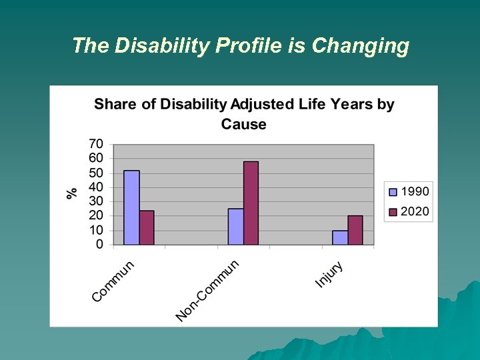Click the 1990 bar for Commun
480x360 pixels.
point(131,208)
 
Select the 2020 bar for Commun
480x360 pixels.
point(147,228)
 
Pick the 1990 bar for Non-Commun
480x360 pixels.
point(235,227)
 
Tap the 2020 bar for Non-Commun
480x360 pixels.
point(251,203)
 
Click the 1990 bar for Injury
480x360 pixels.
point(340,238)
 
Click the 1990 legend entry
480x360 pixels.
point(409,191)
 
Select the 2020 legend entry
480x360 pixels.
point(409,211)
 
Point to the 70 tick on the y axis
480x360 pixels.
point(96,144)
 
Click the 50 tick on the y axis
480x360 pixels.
point(96,173)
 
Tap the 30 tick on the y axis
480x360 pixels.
point(96,201)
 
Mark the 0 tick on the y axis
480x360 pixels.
point(99,245)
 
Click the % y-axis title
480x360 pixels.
point(72,193)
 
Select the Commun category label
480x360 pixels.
point(113,281)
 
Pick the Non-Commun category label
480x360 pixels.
point(207,290)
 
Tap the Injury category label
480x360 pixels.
point(329,275)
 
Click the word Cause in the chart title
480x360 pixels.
point(243,124)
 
